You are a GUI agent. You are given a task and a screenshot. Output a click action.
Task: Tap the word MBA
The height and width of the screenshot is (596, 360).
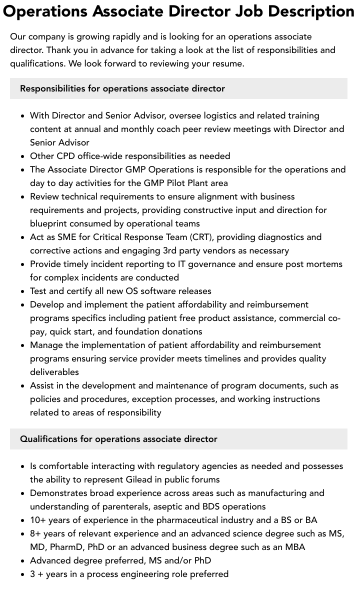[295, 547]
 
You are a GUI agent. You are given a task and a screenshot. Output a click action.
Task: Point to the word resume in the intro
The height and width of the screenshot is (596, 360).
[226, 63]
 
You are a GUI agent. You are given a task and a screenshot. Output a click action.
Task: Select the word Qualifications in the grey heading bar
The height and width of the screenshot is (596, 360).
[48, 439]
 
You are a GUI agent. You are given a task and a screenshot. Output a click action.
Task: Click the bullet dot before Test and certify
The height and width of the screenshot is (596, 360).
[22, 291]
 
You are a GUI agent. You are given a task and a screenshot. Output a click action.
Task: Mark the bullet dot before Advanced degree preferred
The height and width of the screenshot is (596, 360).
[22, 561]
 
